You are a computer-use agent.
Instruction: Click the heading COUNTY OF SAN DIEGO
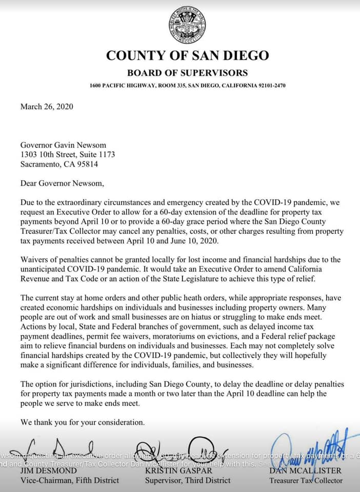point(187,56)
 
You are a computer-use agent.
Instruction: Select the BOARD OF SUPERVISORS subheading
point(187,73)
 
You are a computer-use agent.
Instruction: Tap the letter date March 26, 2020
point(47,107)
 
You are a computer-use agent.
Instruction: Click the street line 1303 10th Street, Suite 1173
point(67,155)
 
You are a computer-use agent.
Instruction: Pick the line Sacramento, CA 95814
point(59,165)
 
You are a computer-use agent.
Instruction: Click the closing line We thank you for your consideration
point(82,423)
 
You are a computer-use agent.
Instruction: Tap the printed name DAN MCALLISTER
point(306,470)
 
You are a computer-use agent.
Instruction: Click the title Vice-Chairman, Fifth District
point(69,480)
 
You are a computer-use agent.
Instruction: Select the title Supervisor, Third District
point(188,480)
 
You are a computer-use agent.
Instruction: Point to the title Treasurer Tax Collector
point(306,480)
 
